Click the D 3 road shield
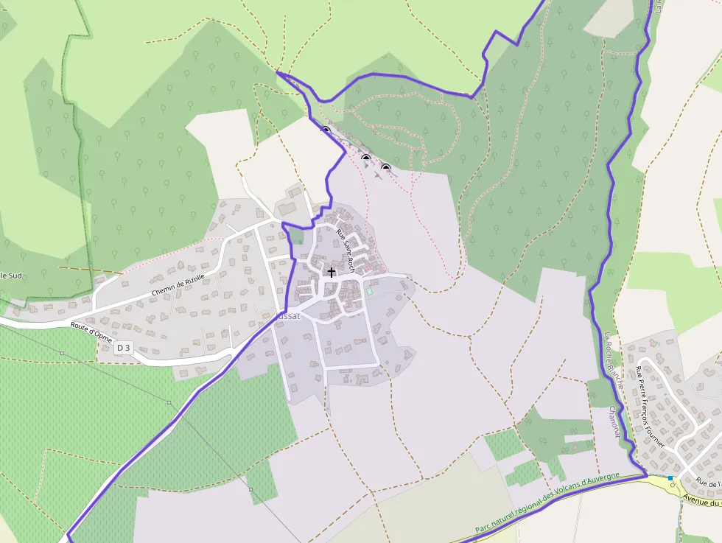coord(123,348)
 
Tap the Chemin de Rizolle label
coord(178,286)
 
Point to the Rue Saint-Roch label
coord(346,251)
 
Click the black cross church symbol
coord(332,273)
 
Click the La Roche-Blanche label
coord(614,361)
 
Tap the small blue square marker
coord(670,478)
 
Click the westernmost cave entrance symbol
coord(326,130)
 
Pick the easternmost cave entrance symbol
coord(385,167)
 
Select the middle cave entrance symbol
coord(365,158)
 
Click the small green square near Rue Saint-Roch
coord(369,292)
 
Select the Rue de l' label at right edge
coord(708,483)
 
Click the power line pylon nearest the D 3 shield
coord(169,403)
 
